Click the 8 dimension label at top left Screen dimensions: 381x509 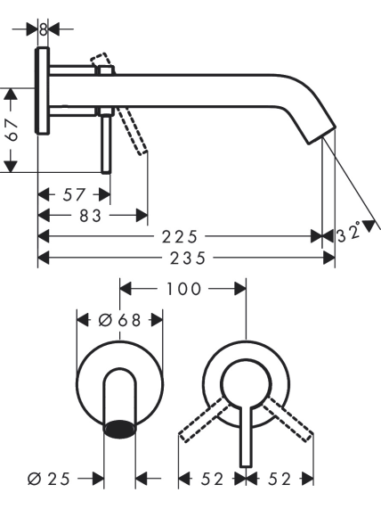(43, 29)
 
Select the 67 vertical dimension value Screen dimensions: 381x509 (12, 130)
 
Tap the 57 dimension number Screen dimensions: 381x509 (74, 194)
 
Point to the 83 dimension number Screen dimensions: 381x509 (91, 216)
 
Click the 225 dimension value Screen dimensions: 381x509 (180, 236)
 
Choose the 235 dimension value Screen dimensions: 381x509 (188, 259)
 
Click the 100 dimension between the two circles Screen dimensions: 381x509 (184, 289)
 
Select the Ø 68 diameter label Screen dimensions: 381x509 (119, 320)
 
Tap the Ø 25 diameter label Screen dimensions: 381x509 (49, 479)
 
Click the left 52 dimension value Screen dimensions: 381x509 (212, 479)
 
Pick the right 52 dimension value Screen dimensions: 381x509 (280, 479)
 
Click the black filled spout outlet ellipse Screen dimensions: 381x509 (119, 429)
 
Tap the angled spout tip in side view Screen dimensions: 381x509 (321, 134)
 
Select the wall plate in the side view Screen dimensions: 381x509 (42, 90)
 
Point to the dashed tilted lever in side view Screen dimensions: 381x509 (132, 131)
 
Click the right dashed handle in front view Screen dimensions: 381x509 (287, 419)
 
